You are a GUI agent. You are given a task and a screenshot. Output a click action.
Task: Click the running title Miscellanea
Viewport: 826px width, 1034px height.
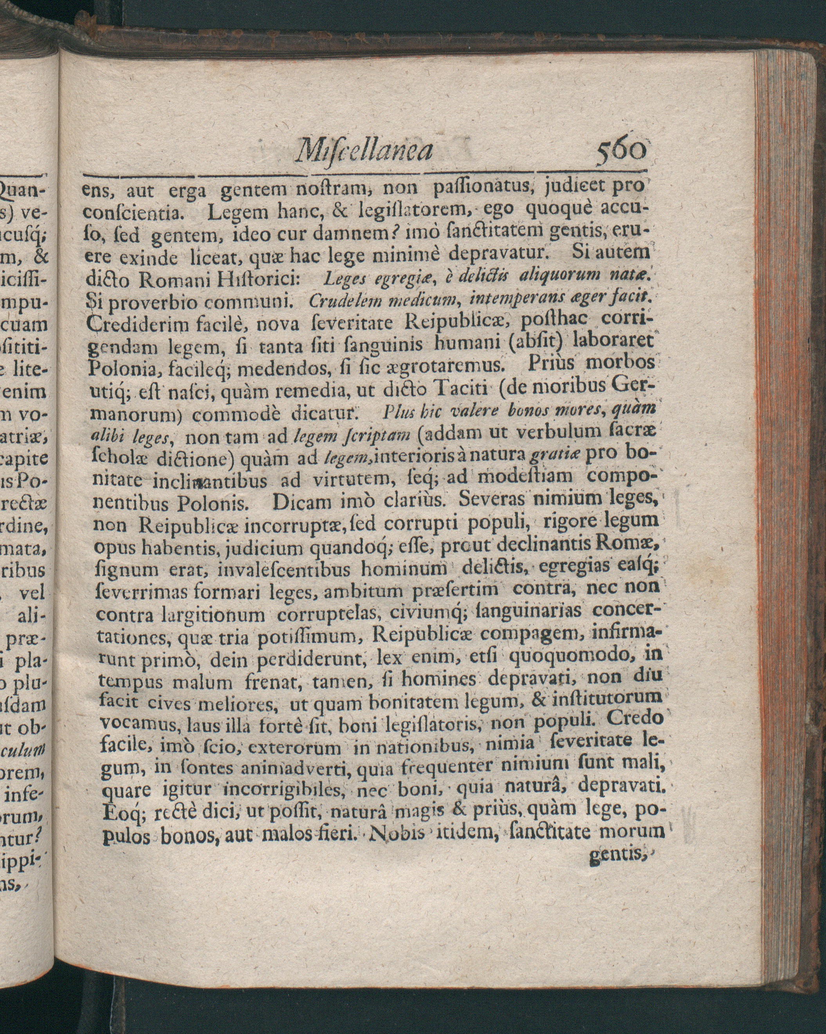coord(364,150)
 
